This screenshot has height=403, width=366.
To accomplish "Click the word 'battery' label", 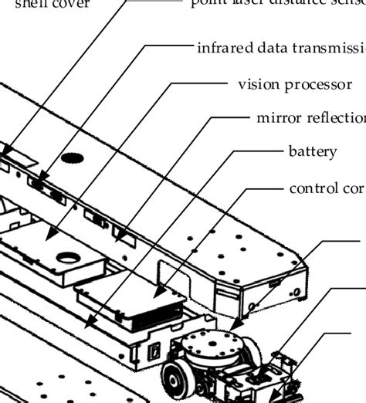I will pos(312,151).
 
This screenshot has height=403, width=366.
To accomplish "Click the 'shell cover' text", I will pos(42,4).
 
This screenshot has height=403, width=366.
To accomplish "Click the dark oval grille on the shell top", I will pos(72,157).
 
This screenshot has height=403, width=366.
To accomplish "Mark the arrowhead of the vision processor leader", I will pos(49,236).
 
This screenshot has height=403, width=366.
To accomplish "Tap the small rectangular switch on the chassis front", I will pos(154,351).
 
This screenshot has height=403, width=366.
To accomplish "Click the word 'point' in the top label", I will pos(205,3).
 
